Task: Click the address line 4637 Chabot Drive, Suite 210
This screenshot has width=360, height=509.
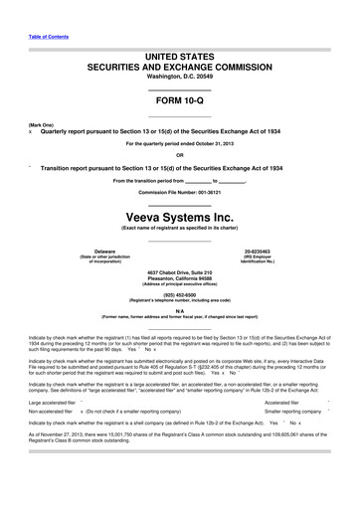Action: click(180, 271)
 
